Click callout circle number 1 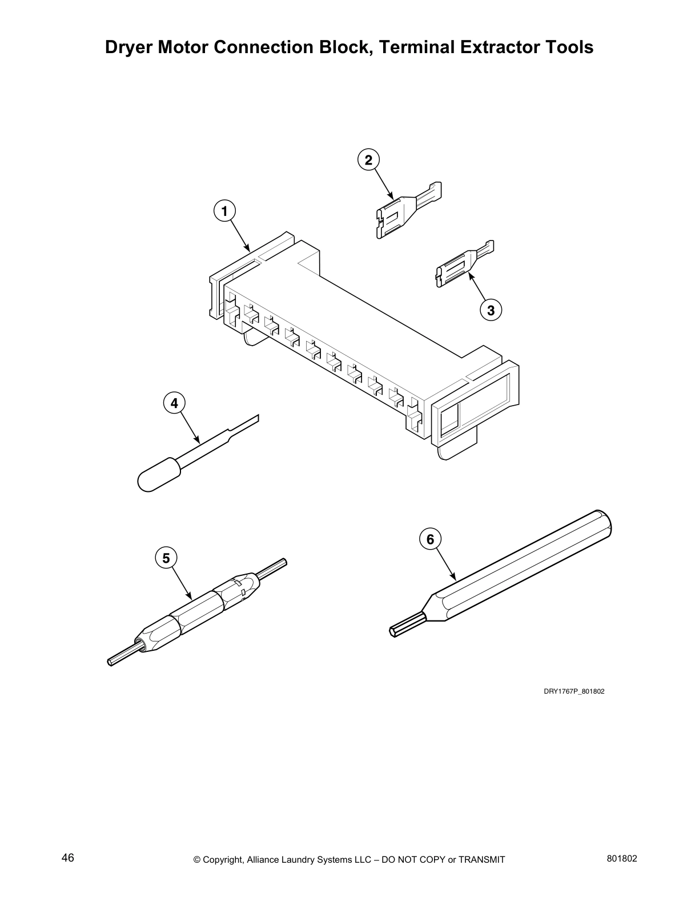point(224,211)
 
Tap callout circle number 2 point(368,160)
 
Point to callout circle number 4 point(174,403)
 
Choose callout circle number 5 point(166,558)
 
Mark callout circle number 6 point(430,539)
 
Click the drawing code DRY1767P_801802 point(573,691)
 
